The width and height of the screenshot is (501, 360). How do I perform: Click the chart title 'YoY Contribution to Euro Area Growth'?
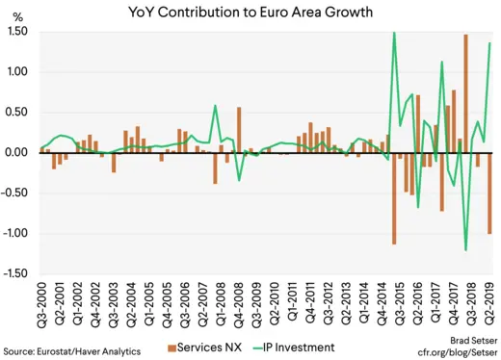[251, 13]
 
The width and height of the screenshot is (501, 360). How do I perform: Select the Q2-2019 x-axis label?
[489, 305]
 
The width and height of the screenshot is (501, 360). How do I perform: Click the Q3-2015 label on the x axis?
[395, 305]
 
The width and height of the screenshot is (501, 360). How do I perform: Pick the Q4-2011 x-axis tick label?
[310, 305]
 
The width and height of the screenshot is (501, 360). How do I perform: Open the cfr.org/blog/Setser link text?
[457, 353]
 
